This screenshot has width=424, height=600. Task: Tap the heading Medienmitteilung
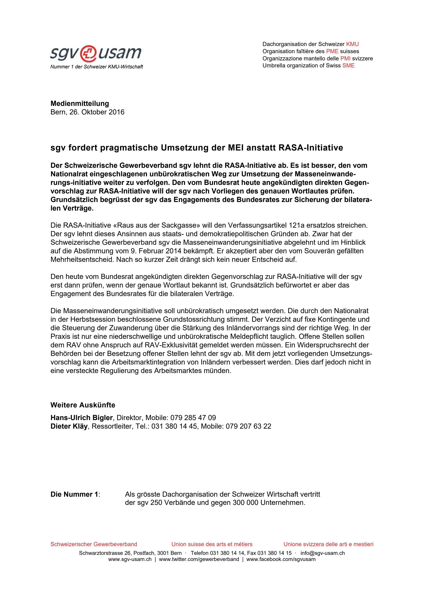[80, 103]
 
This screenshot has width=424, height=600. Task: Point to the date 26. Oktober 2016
[97, 112]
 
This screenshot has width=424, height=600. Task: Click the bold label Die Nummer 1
[75, 494]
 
